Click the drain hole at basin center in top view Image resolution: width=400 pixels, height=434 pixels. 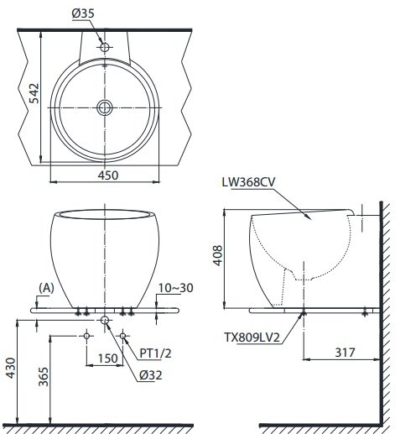(105, 107)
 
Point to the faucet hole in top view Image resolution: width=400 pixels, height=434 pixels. (105, 48)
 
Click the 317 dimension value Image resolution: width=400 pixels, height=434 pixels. (340, 352)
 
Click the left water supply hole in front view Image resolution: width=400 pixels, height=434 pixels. (86, 336)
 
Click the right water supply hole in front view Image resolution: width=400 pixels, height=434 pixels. (123, 336)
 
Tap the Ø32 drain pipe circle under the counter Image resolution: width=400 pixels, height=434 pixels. (105, 322)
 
